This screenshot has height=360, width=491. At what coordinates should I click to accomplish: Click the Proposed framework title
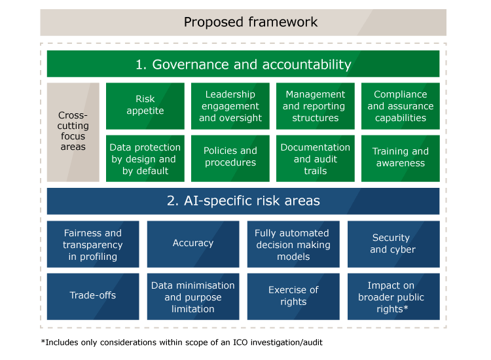coord(251,22)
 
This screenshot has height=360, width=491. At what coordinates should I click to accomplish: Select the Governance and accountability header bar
coord(243,64)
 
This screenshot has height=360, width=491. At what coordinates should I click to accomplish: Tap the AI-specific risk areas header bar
coord(243,201)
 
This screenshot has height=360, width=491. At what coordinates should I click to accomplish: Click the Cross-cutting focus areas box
coord(73,132)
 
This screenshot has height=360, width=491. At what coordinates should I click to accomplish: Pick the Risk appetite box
coord(145,106)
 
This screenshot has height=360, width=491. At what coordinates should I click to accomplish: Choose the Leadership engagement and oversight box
coord(230,106)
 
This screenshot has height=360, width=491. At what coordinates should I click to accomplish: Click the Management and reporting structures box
coord(316,106)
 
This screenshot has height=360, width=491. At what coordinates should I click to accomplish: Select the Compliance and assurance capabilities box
coord(401,106)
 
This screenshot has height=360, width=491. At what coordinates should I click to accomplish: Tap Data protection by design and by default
coord(145,158)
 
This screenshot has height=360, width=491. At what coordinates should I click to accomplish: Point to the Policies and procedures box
coord(230,158)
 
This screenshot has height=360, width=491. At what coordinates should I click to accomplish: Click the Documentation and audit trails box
coord(316,158)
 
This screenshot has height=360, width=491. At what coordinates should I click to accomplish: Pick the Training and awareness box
coord(401,158)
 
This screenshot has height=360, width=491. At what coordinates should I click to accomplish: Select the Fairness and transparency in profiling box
coord(93,244)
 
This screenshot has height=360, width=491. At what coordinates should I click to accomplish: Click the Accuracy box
coord(193,244)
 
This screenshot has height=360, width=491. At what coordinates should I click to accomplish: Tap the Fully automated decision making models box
coord(293,244)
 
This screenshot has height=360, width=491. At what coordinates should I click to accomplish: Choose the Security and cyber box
coord(393,244)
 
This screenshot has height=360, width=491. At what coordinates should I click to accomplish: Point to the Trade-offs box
coord(93,297)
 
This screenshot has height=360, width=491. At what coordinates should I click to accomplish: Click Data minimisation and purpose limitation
coord(193,297)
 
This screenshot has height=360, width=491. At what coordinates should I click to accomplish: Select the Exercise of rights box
coord(293,297)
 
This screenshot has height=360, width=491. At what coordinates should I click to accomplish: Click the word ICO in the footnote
coord(240,342)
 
